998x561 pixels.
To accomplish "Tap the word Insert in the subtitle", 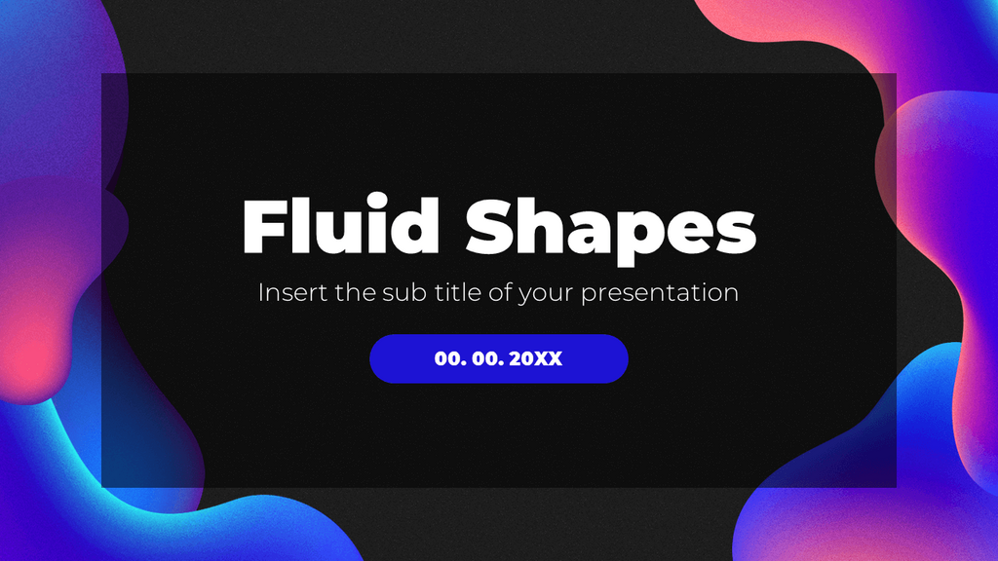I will pos(292,292).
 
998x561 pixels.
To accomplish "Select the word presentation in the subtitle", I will pos(660,293).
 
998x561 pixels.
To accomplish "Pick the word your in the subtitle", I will pos(547,295).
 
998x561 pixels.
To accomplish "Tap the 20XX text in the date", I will pos(536,358).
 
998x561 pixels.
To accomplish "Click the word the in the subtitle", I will pos(352,292).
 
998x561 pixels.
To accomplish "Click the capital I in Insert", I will pos(260,292).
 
